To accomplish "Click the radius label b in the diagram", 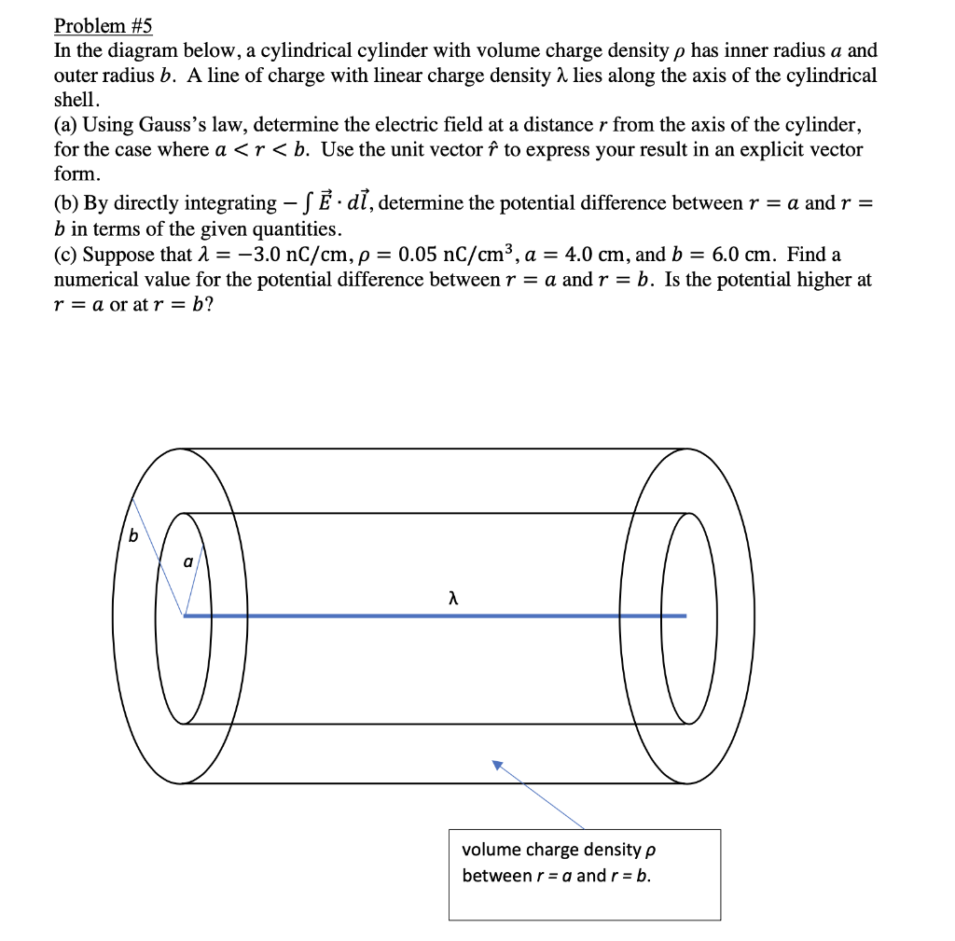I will (132, 536).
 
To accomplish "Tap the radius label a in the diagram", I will (187, 562).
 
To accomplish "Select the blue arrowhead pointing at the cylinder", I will (498, 765).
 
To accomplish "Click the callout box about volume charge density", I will (584, 874).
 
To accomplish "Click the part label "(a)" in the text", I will (66, 125).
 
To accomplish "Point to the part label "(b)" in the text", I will (67, 203).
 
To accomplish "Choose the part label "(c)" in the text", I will (66, 255).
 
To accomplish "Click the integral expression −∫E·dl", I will (327, 202).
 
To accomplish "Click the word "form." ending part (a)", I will (76, 174).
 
